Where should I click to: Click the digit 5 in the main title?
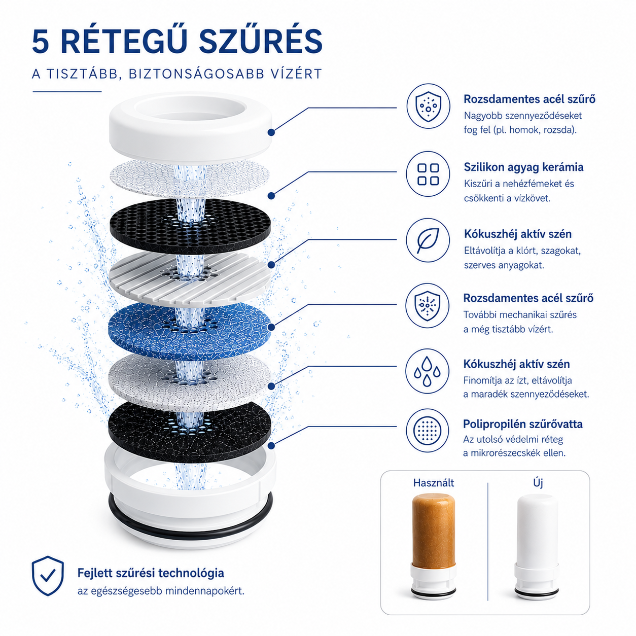click(x=40, y=41)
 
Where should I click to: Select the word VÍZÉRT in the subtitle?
click(x=296, y=74)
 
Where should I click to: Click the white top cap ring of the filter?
click(x=190, y=127)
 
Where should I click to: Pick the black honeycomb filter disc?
click(x=190, y=226)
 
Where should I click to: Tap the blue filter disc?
click(x=190, y=331)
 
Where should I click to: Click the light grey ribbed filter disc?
click(x=190, y=278)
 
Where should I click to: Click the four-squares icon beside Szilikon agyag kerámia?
click(x=428, y=174)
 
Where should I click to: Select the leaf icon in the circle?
click(x=428, y=240)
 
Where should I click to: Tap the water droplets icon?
click(x=427, y=371)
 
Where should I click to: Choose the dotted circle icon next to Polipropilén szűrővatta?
click(x=427, y=431)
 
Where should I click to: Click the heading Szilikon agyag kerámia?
click(x=523, y=167)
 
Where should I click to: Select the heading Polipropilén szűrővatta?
click(x=523, y=424)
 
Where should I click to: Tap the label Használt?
click(x=433, y=483)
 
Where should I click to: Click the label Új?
click(x=538, y=483)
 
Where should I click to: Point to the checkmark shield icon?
click(x=48, y=576)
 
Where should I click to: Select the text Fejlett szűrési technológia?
click(x=151, y=573)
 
